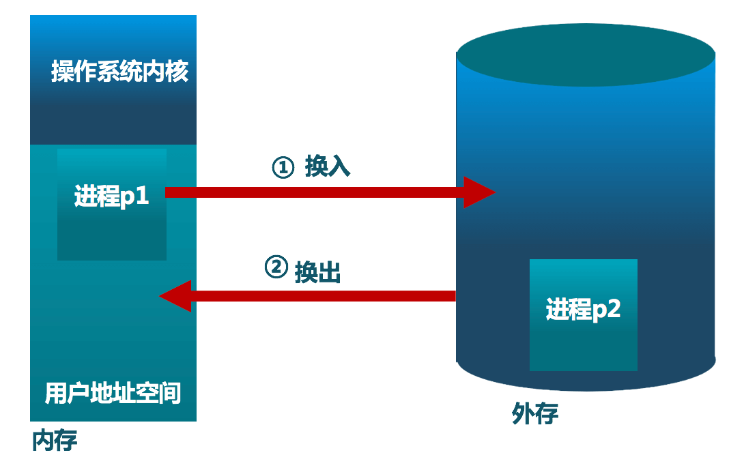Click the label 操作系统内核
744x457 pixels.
coord(119,72)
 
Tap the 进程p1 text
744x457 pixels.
coord(111,197)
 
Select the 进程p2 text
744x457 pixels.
coord(583,310)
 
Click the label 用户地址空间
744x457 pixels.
coord(113,394)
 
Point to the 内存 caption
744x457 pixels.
coord(55,440)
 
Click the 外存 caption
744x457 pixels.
coord(535,413)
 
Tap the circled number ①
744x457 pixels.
coord(283,167)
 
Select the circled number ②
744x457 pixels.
coord(275,267)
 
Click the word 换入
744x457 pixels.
coord(328,166)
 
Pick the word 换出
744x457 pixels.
coord(317,272)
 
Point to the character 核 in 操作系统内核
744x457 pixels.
coord(177,72)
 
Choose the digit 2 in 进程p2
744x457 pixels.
coord(613,310)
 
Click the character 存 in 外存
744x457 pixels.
coord(547,413)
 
